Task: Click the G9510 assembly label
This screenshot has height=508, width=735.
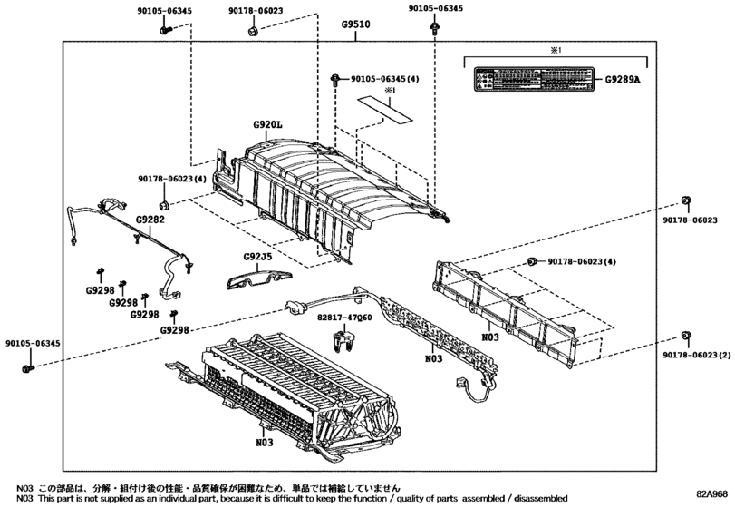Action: (355, 24)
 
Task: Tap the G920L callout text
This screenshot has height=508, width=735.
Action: (268, 124)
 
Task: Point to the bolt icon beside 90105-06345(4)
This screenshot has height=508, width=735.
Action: (336, 79)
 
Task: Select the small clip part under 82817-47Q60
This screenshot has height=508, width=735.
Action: (342, 343)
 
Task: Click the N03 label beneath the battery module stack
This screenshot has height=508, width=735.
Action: (264, 443)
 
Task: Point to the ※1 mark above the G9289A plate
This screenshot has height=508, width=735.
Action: (556, 52)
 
